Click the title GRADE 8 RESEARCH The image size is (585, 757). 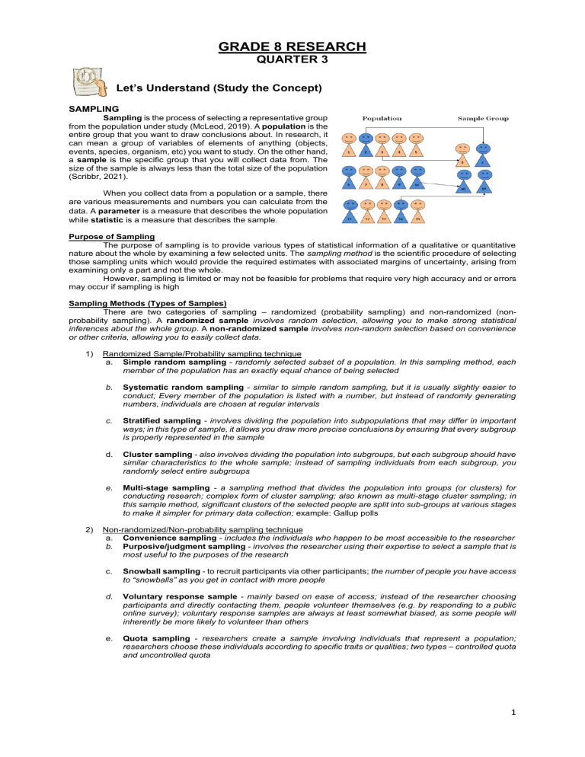coord(292,46)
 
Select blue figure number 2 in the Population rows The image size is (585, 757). coord(365,148)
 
